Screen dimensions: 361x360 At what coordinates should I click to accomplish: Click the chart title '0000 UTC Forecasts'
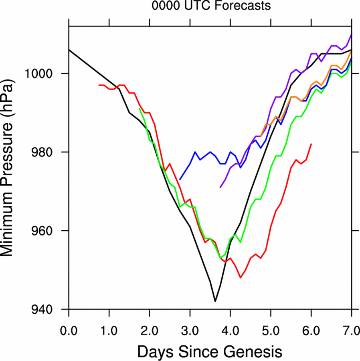click(211, 6)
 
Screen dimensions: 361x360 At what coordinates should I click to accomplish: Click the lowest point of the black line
click(215, 301)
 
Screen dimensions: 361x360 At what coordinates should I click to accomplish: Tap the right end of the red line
click(311, 144)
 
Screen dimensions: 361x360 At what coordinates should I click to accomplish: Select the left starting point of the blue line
click(180, 179)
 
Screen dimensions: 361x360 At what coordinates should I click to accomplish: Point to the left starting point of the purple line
click(220, 187)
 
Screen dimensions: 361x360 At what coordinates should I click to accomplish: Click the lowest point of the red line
click(241, 278)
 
